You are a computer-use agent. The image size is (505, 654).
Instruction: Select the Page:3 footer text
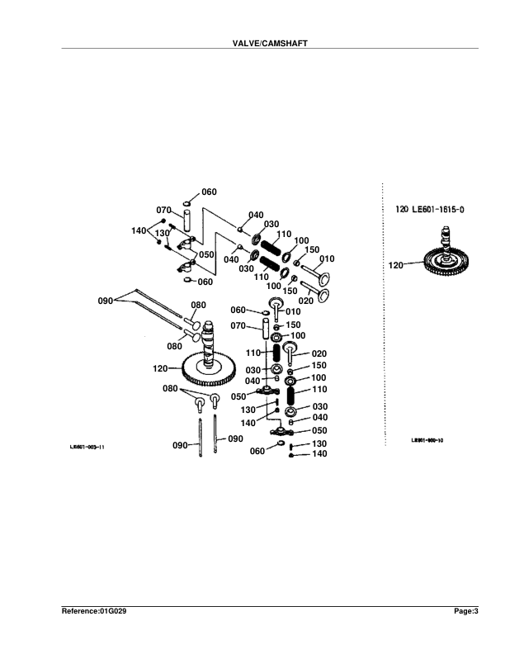(x=466, y=612)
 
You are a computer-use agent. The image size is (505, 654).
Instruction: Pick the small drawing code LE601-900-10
(x=427, y=441)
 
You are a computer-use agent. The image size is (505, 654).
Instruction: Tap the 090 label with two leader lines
(x=106, y=301)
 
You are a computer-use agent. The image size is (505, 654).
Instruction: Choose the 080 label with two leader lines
(x=169, y=388)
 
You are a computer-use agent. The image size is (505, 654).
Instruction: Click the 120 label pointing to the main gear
(x=162, y=367)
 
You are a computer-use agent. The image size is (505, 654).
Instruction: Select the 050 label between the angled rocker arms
(x=205, y=254)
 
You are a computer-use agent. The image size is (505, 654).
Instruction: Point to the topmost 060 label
(x=209, y=192)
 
